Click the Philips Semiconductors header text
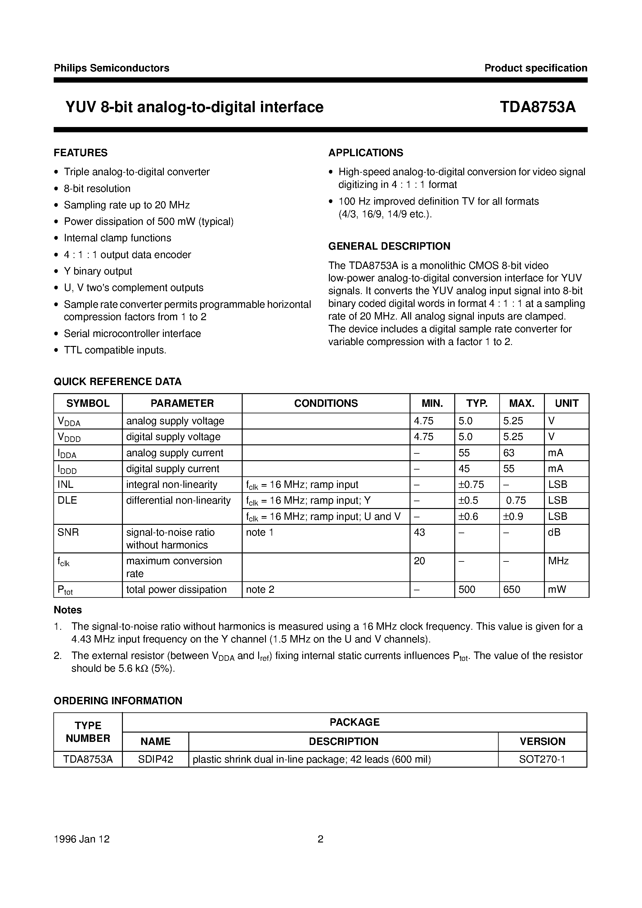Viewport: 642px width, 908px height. [111, 68]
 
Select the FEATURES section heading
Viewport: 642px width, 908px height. [81, 153]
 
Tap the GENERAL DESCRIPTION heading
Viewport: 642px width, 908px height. [389, 246]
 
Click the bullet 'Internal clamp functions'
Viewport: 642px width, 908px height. [117, 238]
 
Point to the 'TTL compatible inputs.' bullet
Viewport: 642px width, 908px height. [115, 350]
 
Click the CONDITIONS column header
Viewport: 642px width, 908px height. [326, 403]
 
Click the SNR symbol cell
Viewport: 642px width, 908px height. [68, 533]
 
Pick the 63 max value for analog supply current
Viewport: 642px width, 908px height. [509, 453]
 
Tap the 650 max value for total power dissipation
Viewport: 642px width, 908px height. [512, 589]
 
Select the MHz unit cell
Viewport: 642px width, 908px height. [558, 561]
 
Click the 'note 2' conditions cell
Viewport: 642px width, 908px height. [260, 589]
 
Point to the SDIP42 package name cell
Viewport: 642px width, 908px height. [155, 759]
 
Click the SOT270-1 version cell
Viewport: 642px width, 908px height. [542, 759]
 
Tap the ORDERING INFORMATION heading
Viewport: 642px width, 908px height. [118, 701]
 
